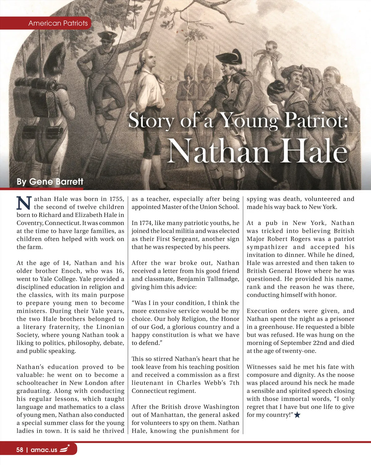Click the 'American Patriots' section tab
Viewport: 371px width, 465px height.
(x=58, y=23)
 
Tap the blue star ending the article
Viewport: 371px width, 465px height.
(x=297, y=415)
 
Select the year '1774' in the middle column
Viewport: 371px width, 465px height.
(x=146, y=223)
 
